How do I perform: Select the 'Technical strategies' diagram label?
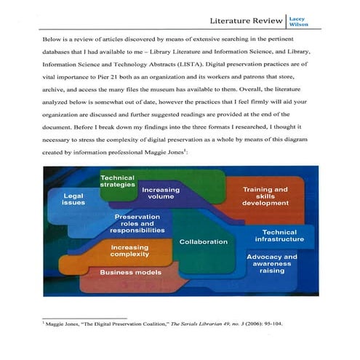click(117, 181)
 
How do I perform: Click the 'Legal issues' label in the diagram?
click(74, 199)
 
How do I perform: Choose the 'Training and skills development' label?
click(265, 196)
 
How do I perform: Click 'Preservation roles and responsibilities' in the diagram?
click(137, 224)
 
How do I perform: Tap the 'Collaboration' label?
click(203, 241)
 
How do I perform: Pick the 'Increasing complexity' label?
click(130, 252)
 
